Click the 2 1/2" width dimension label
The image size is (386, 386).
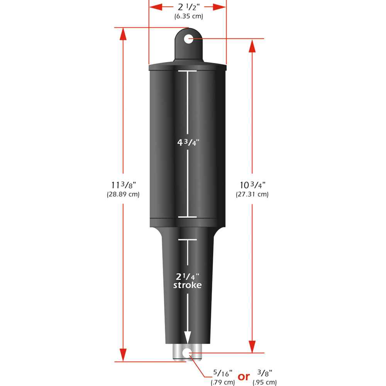coord(187,7)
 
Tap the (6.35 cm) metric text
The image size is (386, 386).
coord(187,17)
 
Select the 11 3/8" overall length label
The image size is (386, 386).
coord(123,185)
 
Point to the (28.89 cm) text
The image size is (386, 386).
coord(123,195)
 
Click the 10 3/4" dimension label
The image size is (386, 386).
coord(252,185)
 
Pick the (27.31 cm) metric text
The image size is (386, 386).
coord(252,195)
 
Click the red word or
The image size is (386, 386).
coord(244,376)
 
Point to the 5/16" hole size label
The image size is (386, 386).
coord(223,374)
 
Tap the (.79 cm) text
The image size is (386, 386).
coord(223,383)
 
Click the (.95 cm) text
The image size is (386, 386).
coord(265,383)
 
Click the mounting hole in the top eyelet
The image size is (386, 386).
coord(188,39)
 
